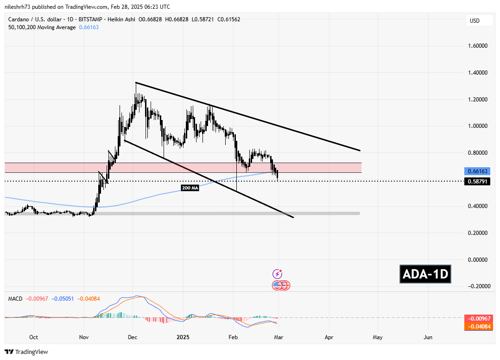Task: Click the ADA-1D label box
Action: coord(425,274)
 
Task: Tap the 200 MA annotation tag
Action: coord(190,188)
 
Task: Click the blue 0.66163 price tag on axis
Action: coord(477,171)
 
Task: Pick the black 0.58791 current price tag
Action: coord(477,181)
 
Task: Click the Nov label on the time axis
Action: coord(84,337)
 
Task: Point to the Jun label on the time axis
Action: coord(428,337)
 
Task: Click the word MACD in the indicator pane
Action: coord(15,299)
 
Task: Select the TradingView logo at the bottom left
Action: coord(26,352)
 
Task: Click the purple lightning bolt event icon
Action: coord(278,274)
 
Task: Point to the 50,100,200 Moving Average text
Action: coord(42,27)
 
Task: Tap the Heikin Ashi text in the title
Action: coord(122,19)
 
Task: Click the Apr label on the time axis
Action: coord(329,337)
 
